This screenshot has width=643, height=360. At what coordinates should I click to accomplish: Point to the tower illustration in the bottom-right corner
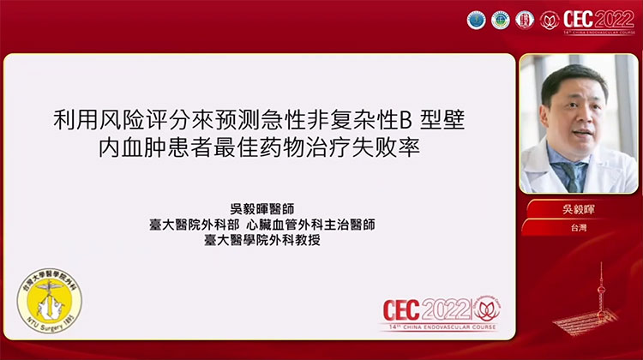[600, 300]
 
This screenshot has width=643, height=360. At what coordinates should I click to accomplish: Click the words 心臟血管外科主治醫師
[309, 224]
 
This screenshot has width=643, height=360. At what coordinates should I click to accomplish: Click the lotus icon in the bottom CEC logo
[485, 306]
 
